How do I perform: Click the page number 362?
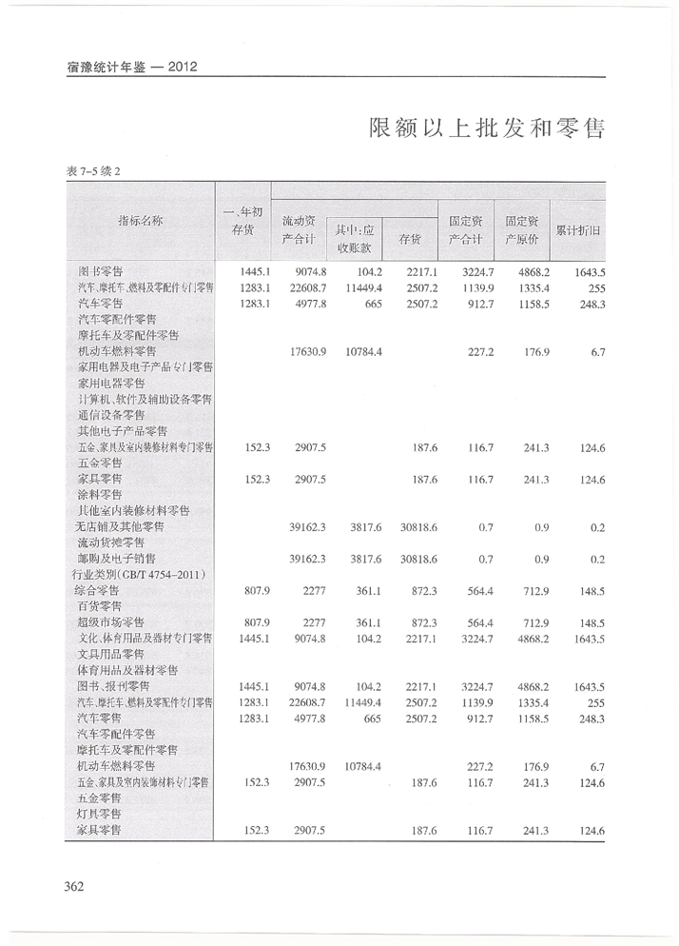point(73,887)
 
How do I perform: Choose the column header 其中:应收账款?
point(354,239)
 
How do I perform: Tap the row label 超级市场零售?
point(111,621)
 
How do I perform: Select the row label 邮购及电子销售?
point(117,558)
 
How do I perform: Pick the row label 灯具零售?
point(98,814)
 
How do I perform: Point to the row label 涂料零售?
point(100,495)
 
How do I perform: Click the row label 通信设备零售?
point(111,414)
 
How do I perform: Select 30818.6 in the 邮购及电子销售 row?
point(416,558)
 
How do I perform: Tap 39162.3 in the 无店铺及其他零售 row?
point(308,525)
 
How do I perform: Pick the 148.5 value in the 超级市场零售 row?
point(590,621)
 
